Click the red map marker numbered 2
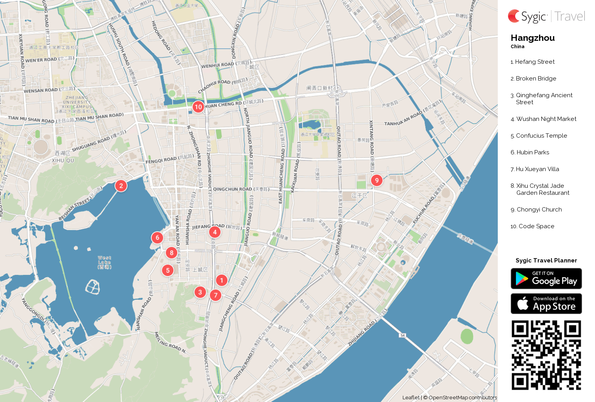pos(121,186)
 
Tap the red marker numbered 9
pos(376,180)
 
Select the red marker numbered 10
pos(198,107)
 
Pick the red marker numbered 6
pos(157,238)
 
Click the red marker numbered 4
pos(215,232)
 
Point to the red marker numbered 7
pos(215,295)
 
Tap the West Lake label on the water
pos(105,262)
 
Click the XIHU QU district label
pos(63,160)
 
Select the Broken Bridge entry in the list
pos(536,79)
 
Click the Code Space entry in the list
pos(536,226)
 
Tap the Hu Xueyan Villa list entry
pos(537,169)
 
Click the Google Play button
pos(546,279)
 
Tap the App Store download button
pos(546,304)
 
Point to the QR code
pos(546,355)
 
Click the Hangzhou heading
pos(532,38)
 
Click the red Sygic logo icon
pos(514,16)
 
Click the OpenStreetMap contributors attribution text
pos(462,398)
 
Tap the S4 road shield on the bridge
pos(402,335)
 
